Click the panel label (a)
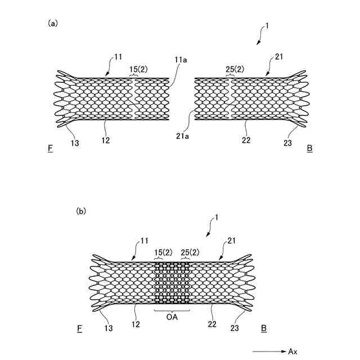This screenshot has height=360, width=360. click(x=53, y=23)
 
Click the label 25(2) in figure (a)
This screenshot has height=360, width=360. click(x=235, y=69)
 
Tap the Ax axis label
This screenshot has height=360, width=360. click(x=292, y=352)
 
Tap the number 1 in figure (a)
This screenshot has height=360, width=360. click(x=267, y=25)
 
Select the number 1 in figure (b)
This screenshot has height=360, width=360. click(x=217, y=217)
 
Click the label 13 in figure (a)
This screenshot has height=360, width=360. click(x=75, y=143)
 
